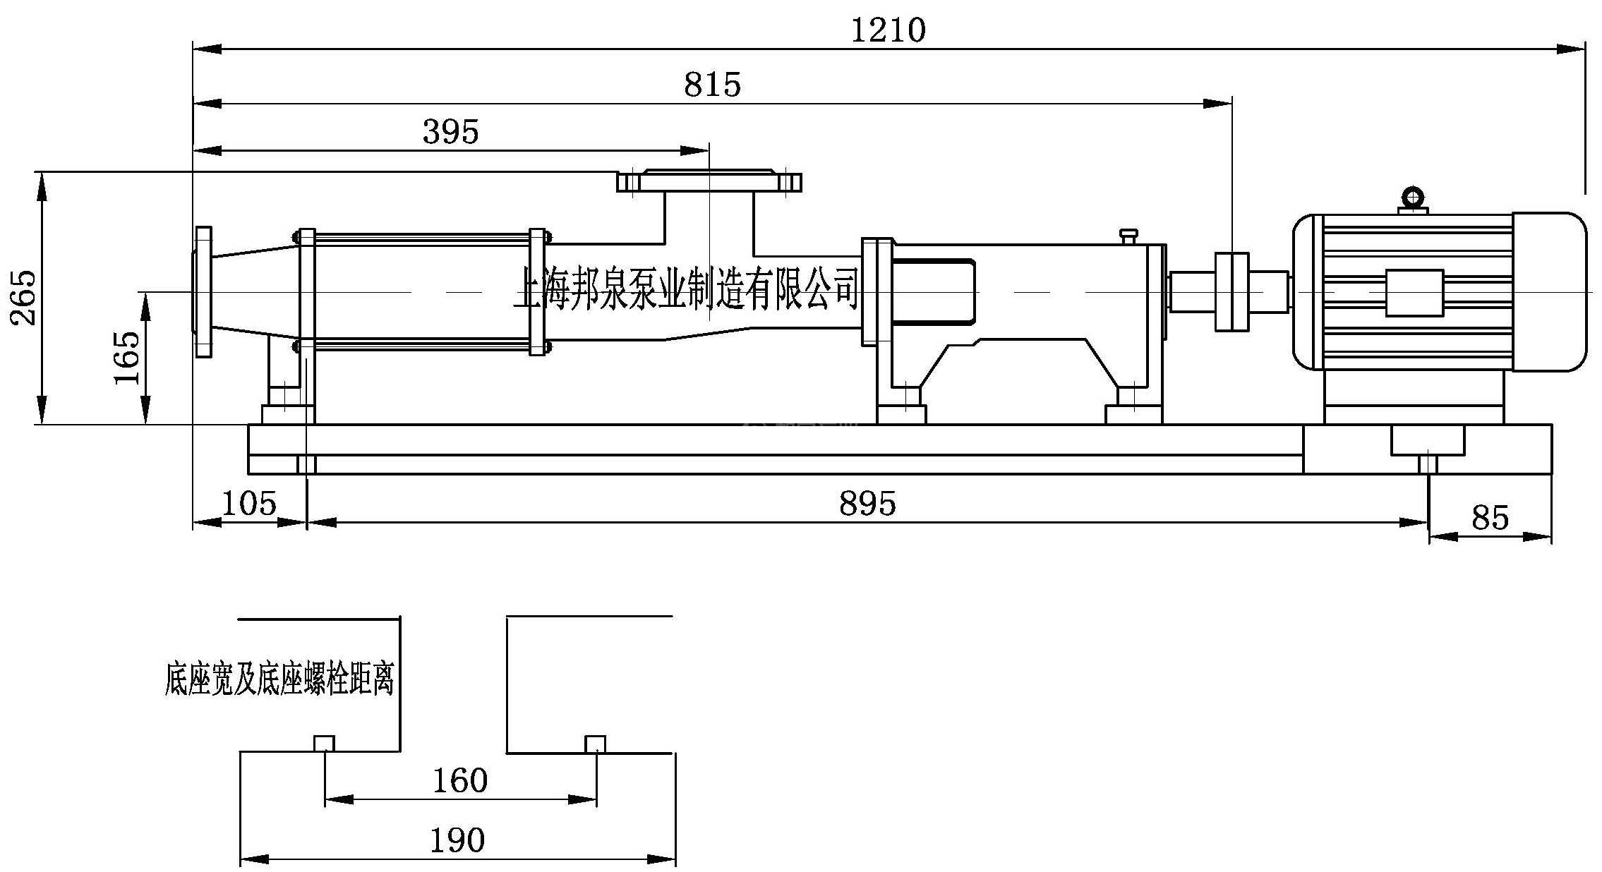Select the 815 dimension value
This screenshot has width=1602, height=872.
[x=712, y=85]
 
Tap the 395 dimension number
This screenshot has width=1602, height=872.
[x=450, y=132]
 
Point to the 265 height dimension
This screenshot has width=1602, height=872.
[x=23, y=297]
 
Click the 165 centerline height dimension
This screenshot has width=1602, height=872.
[x=127, y=358]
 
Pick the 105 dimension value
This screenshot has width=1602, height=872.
[x=249, y=504]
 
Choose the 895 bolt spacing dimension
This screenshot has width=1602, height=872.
[x=867, y=504]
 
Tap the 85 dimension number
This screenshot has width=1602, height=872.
[x=1490, y=518]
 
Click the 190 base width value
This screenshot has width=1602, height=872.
[x=457, y=840]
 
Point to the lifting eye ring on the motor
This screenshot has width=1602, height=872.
[x=1413, y=197]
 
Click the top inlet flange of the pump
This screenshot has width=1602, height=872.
[x=709, y=181]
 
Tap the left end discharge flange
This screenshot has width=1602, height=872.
[x=203, y=291]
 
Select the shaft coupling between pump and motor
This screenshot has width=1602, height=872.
[x=1231, y=291]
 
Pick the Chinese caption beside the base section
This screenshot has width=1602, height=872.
[x=279, y=679]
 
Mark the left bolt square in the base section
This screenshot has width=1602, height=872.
[x=324, y=744]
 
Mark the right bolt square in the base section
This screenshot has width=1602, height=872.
[x=596, y=744]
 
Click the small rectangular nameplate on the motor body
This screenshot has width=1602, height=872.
[x=1414, y=293]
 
